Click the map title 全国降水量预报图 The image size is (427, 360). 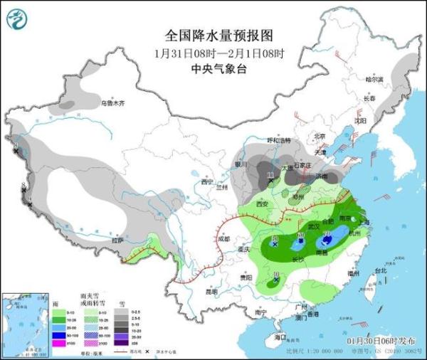click(220, 35)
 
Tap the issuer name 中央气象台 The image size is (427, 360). click(220, 69)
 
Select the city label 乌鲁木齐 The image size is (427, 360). click(112, 104)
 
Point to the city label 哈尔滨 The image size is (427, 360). click(374, 79)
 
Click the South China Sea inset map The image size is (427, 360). click(21, 324)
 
